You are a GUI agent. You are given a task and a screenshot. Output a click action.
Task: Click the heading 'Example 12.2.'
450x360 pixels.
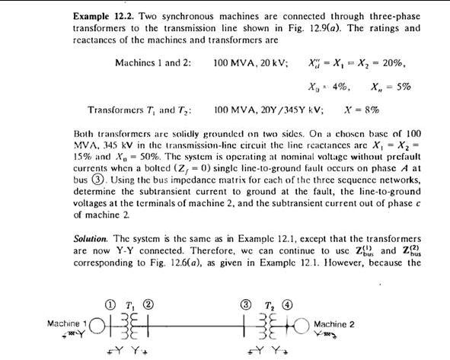pos(103,15)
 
